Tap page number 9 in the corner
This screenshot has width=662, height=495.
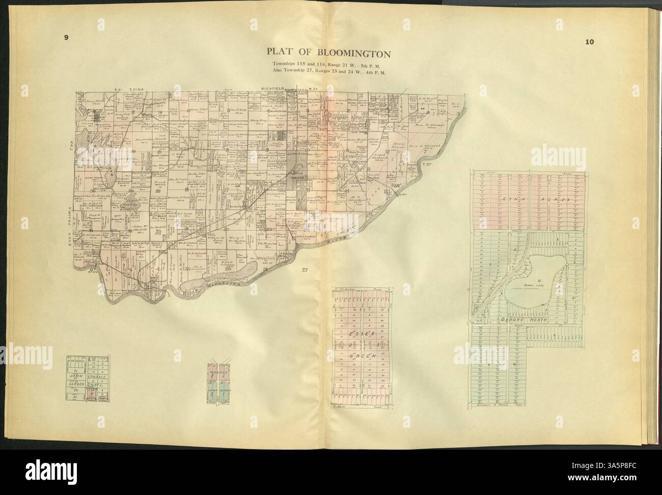(66, 37)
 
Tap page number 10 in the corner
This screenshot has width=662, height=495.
(589, 42)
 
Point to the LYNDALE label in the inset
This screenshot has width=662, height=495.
(98, 376)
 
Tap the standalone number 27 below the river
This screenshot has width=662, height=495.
(305, 269)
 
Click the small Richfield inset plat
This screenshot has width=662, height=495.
(218, 382)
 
